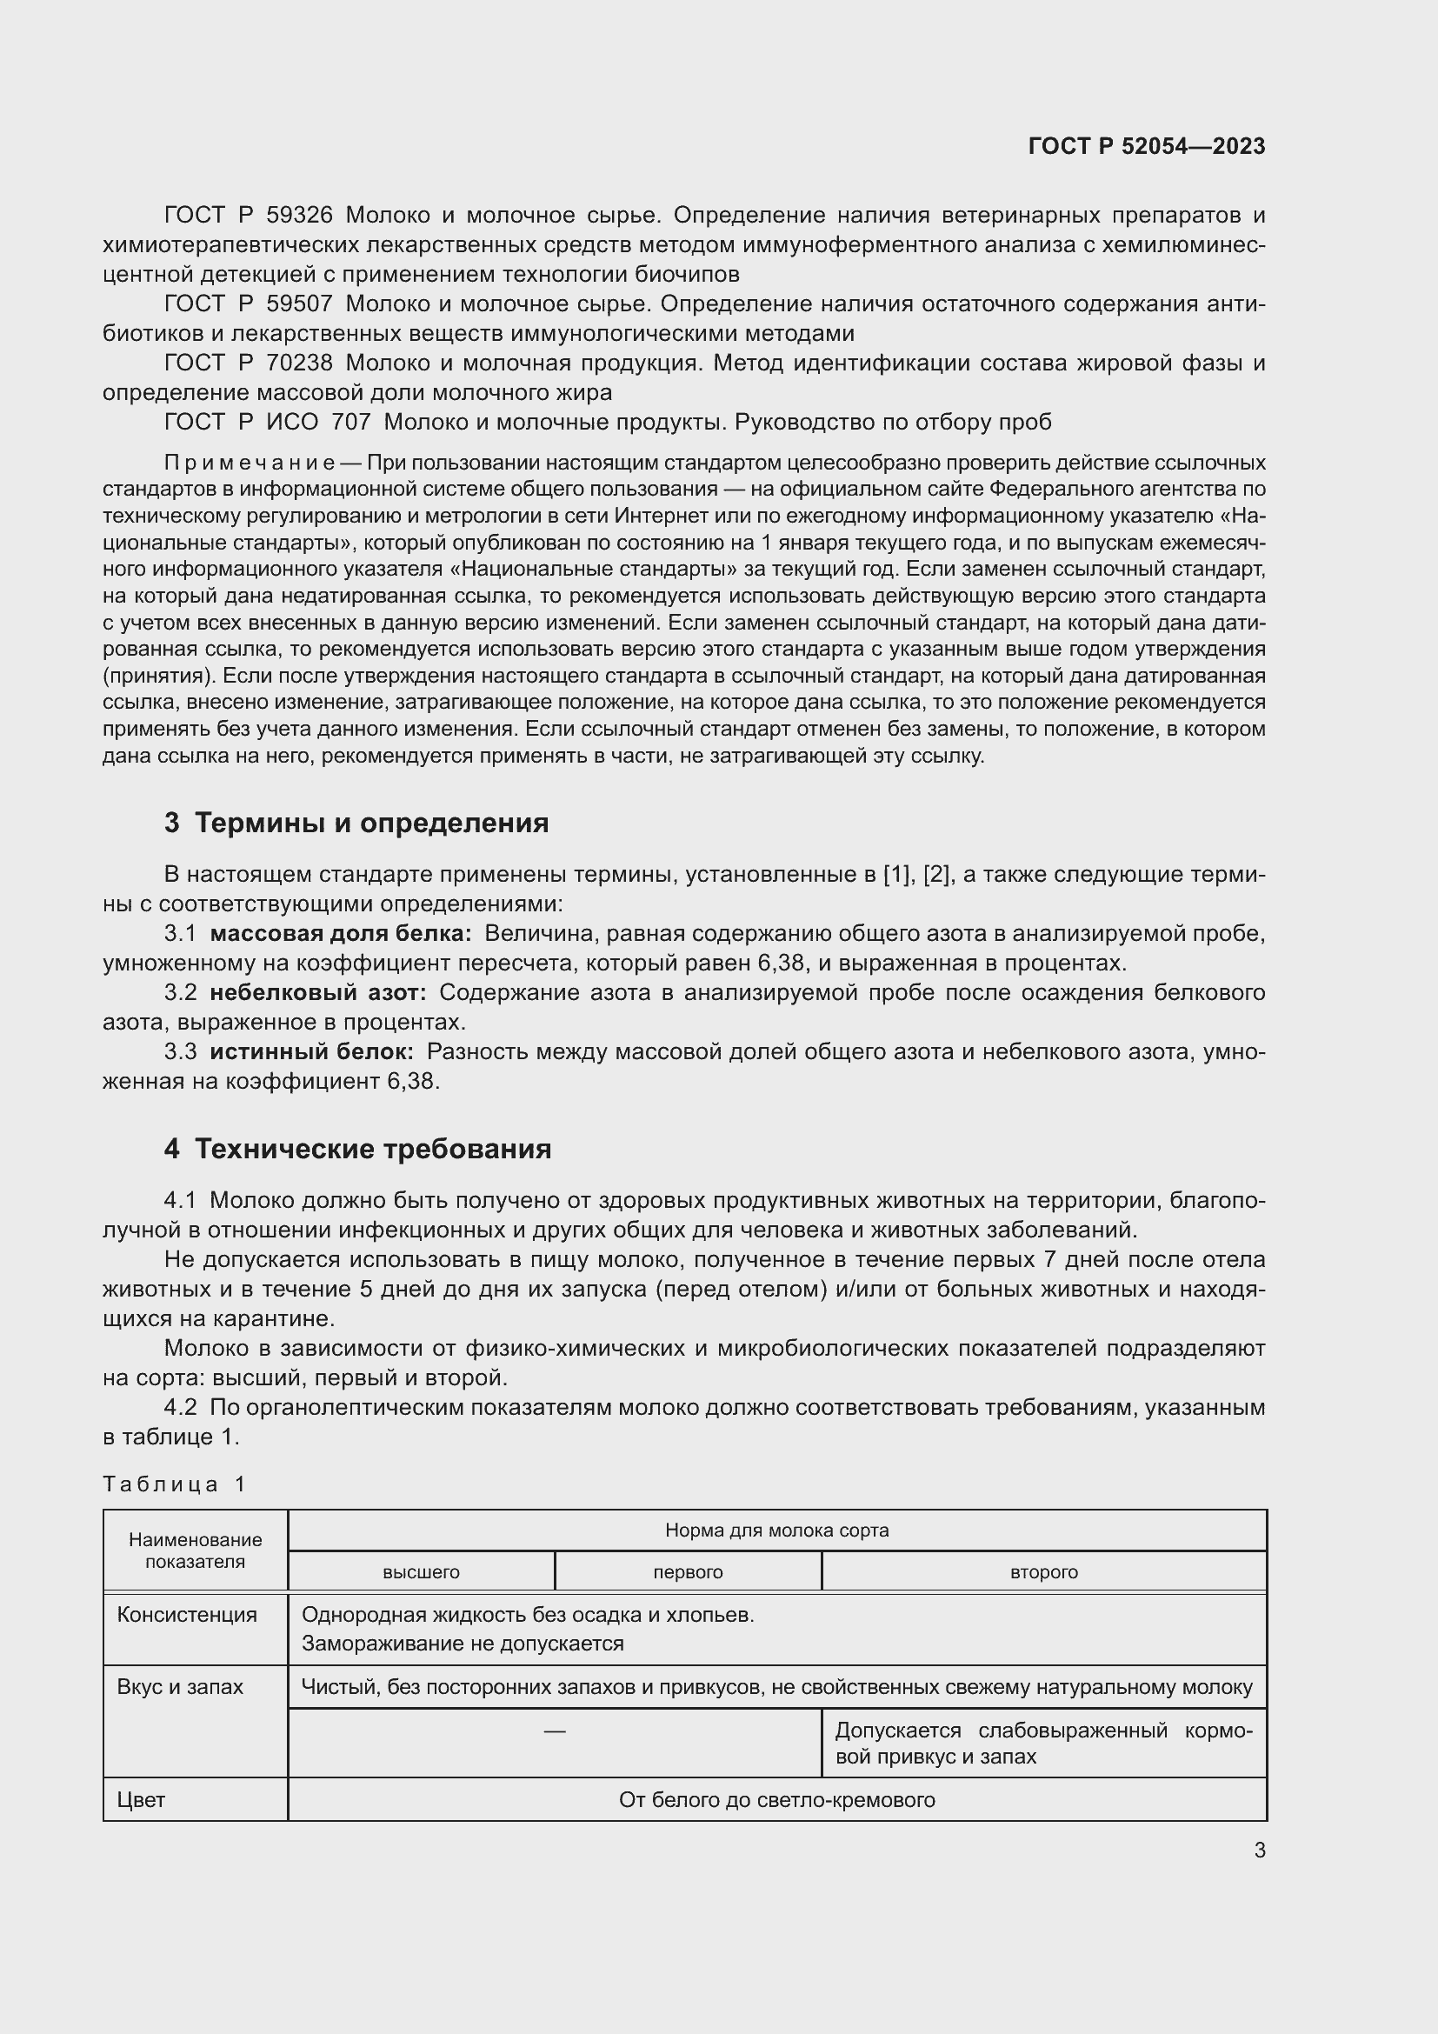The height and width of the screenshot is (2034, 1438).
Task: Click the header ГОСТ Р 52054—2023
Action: click(x=1147, y=146)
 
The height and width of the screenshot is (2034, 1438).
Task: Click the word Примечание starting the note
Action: click(x=250, y=463)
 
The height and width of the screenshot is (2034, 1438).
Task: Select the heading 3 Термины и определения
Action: click(x=356, y=823)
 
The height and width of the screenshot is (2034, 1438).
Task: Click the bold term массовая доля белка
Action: click(x=341, y=934)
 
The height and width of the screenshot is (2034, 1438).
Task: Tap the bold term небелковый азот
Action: click(x=318, y=993)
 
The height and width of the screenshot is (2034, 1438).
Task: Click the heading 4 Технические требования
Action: click(x=356, y=1149)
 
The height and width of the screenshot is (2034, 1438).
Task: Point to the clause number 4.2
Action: click(x=180, y=1408)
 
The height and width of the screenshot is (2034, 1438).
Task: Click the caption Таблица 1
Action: click(x=175, y=1484)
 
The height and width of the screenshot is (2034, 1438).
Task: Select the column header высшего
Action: click(x=421, y=1572)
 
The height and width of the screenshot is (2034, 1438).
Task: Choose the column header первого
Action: click(x=688, y=1572)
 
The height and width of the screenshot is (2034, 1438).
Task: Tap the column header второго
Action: click(x=1044, y=1572)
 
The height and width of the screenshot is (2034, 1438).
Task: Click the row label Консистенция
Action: click(x=187, y=1615)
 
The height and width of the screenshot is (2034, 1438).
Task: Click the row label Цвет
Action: click(x=141, y=1800)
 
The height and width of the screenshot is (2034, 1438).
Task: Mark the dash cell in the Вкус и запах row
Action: click(x=555, y=1731)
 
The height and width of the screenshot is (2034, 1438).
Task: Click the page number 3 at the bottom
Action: click(x=1259, y=1851)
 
